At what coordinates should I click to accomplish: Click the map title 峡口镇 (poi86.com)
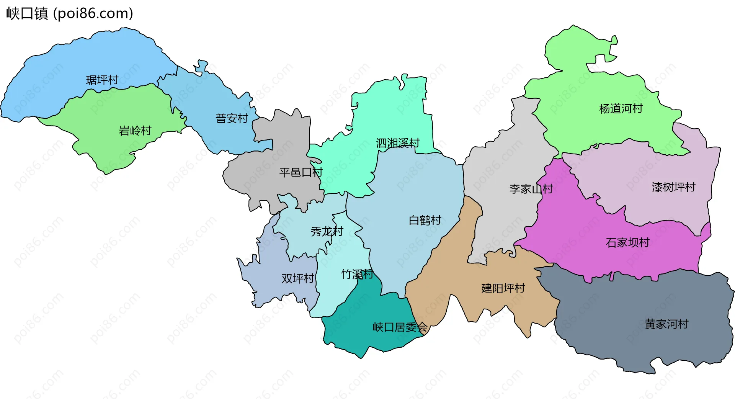(70, 13)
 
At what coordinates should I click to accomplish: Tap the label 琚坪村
(102, 80)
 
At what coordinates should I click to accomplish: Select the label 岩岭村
(135, 131)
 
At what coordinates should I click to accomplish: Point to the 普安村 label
(232, 119)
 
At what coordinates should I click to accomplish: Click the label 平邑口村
(301, 173)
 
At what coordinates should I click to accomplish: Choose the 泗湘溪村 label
(398, 143)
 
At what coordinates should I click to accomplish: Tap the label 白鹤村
(425, 221)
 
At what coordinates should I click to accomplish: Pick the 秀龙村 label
(327, 232)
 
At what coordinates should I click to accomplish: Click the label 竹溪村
(357, 274)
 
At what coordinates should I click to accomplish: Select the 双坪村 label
(298, 278)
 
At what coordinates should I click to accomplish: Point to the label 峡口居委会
(400, 327)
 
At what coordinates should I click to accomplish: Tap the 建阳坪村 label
(503, 288)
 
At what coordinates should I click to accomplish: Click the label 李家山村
(531, 189)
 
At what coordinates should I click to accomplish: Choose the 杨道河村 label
(621, 109)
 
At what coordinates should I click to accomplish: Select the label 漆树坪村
(674, 187)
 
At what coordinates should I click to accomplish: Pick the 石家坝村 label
(628, 243)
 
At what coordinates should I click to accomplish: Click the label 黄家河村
(666, 324)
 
